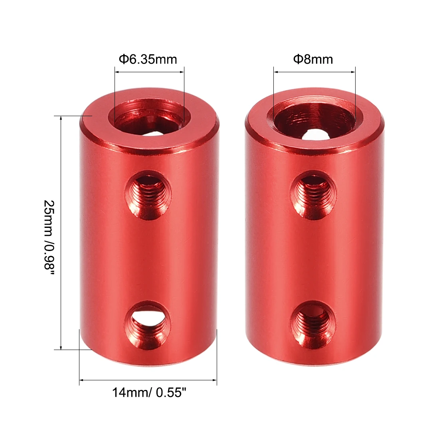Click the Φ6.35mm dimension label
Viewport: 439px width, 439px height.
(148, 60)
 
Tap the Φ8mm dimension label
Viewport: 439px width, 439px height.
(313, 60)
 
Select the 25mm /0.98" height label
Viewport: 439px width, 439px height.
(49, 234)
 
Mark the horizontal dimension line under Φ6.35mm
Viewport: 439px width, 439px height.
(150, 72)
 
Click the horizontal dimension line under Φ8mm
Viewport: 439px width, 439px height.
(314, 72)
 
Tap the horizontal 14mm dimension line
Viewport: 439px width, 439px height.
(148, 380)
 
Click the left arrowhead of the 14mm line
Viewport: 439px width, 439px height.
(81, 380)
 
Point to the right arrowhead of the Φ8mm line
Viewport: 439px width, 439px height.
(353, 72)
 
